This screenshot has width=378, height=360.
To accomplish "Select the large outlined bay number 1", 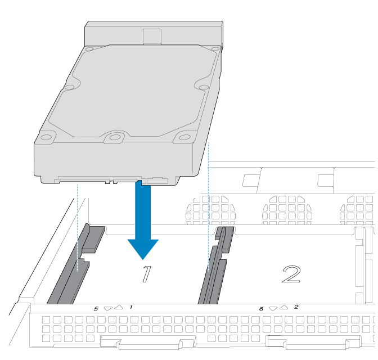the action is click(147, 274).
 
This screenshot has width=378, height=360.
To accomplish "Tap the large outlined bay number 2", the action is click(292, 274).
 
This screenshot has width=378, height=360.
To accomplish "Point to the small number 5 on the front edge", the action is click(96, 309).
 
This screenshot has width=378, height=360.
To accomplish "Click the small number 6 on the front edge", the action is click(262, 309).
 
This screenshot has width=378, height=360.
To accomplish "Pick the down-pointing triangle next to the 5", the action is click(108, 309).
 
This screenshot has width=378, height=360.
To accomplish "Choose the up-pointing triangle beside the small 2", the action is click(283, 307).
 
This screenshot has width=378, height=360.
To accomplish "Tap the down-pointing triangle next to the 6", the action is click(273, 309).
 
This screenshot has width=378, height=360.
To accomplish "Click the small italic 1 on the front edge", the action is click(131, 307).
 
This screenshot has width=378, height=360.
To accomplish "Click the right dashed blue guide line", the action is click(209, 207).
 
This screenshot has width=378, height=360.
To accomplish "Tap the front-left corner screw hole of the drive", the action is click(46, 137).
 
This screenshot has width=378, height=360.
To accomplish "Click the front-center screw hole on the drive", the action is click(115, 137).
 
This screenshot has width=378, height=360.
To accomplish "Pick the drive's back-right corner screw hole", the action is click(214, 49).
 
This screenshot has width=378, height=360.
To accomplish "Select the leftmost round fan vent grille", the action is click(210, 210).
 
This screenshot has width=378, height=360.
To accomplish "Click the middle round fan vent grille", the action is click(287, 210).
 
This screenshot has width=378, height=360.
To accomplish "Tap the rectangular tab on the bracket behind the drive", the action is click(152, 37).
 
